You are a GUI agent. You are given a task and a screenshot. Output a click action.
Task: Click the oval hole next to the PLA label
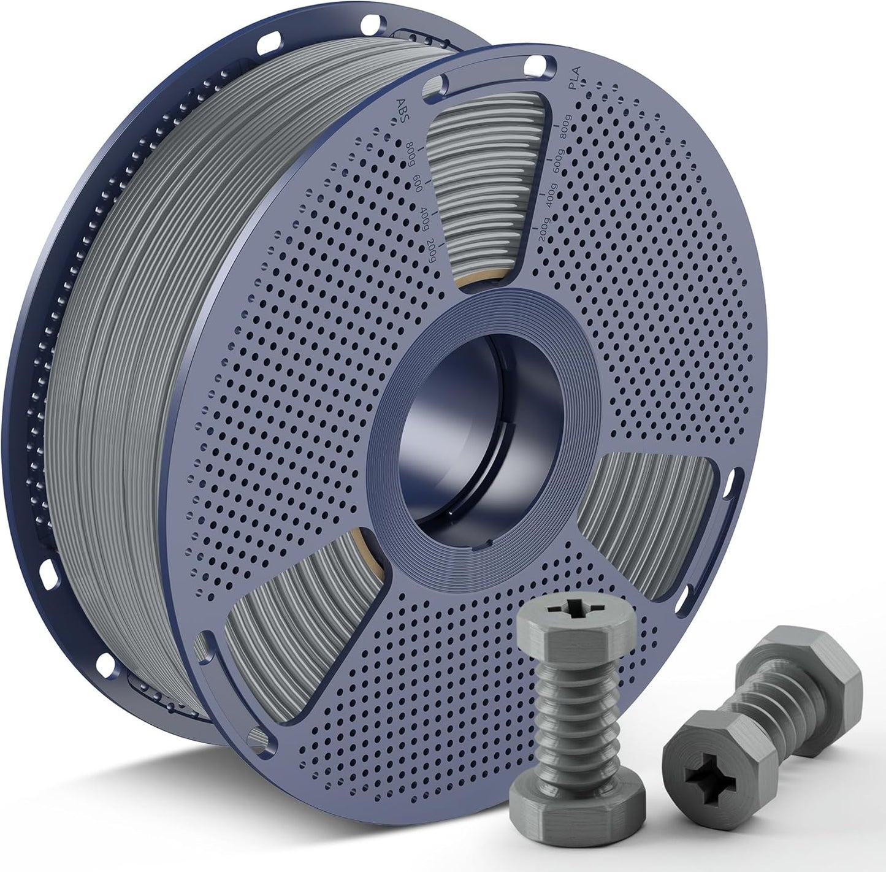538,63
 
